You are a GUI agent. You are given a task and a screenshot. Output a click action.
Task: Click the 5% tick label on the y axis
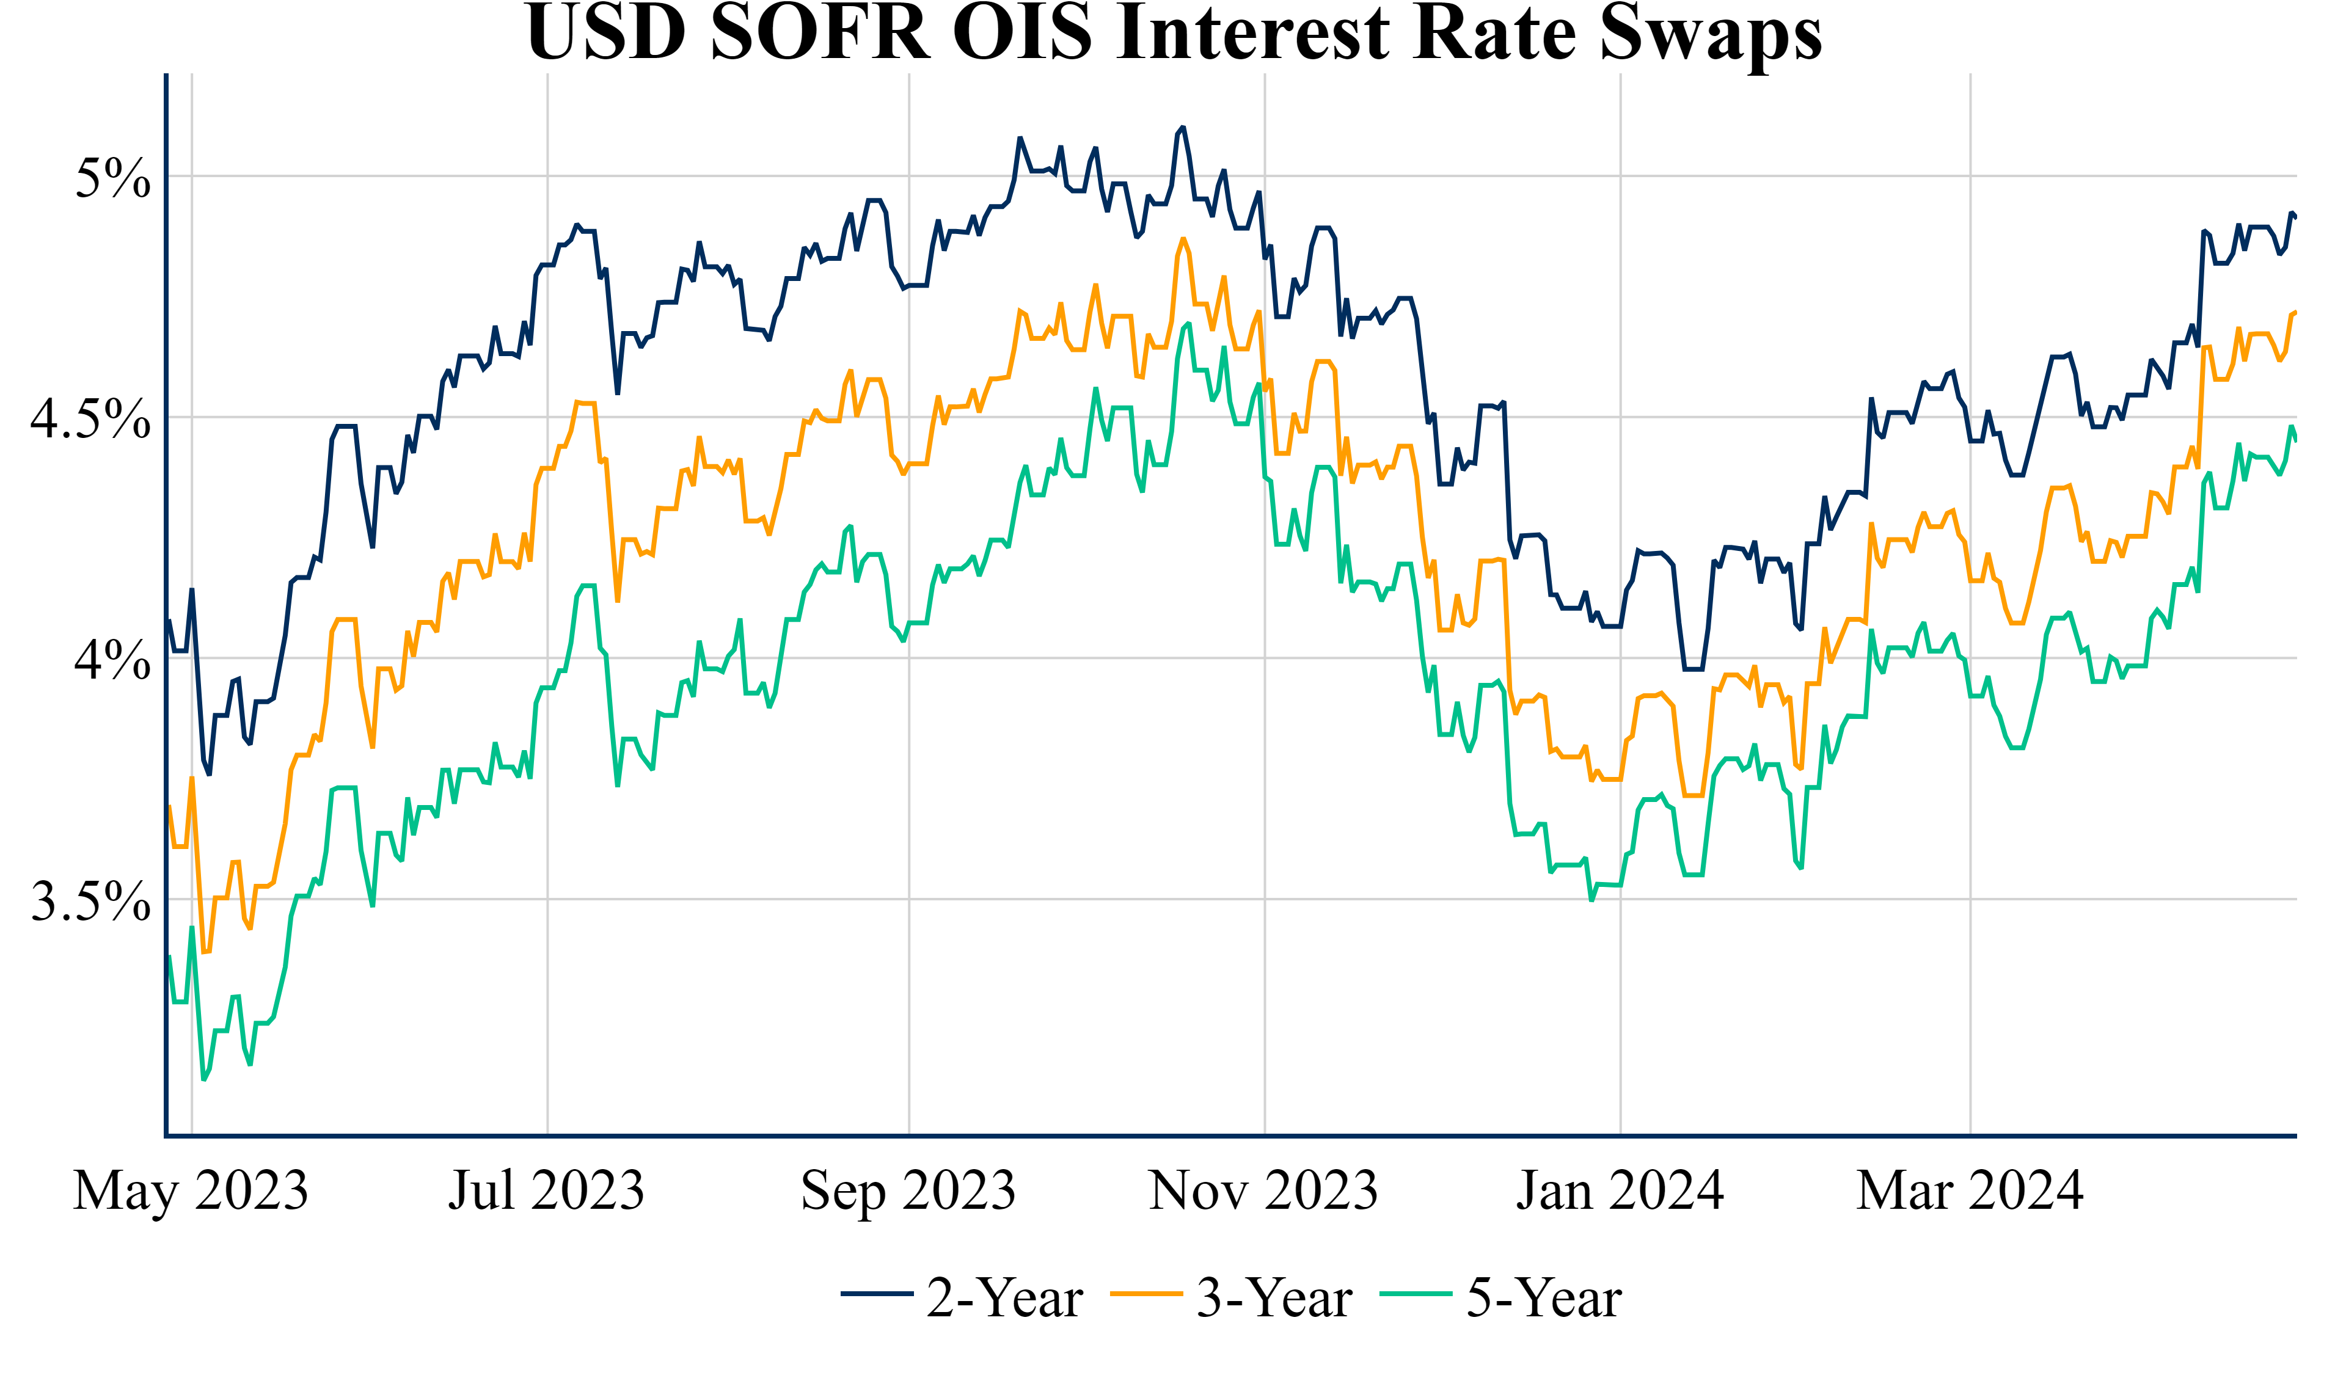tap(112, 178)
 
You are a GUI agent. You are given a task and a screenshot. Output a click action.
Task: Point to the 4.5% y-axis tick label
tap(90, 419)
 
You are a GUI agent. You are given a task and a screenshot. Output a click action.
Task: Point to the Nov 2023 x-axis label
tap(1263, 1191)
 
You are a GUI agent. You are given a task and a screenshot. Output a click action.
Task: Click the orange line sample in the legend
tap(1146, 1294)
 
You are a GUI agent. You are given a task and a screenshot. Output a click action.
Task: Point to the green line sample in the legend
tap(1416, 1294)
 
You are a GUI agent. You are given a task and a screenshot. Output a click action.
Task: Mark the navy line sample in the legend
tap(876, 1294)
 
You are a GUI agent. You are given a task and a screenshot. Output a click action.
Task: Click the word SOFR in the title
tap(820, 34)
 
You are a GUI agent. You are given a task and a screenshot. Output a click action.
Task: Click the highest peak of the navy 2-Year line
tap(1183, 128)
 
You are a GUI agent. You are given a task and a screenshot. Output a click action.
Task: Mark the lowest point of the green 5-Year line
tap(204, 1080)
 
